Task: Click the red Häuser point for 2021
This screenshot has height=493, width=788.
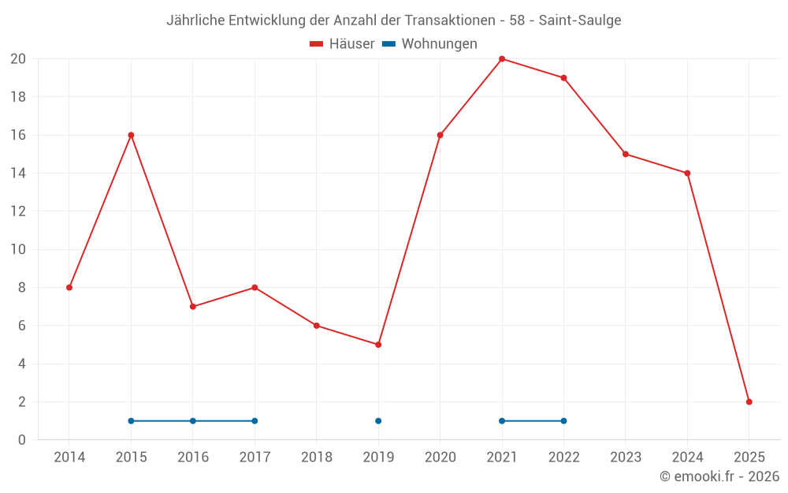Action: [502, 59]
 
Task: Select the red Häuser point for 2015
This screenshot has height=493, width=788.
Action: [131, 135]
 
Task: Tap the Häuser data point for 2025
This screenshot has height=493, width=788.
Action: [749, 401]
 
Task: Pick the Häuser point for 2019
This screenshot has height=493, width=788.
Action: [378, 345]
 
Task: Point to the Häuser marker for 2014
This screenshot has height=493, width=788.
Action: [69, 287]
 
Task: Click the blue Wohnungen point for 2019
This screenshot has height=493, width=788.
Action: [378, 420]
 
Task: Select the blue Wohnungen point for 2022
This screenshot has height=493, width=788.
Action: [563, 420]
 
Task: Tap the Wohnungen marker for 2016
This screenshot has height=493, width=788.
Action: [193, 420]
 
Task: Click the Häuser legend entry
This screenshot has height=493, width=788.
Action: [342, 44]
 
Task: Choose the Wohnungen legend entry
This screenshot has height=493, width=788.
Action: [429, 44]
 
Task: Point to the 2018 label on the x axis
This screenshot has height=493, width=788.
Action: [317, 457]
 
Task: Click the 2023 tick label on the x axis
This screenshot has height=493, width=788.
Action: [626, 457]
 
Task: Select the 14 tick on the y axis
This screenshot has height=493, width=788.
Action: [18, 173]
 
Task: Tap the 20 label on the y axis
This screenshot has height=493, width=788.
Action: [18, 59]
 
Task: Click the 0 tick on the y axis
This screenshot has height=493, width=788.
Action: [22, 439]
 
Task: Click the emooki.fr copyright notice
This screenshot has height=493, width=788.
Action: [719, 476]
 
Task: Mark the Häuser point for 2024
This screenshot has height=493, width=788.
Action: [687, 173]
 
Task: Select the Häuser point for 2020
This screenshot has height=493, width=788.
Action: [440, 135]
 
